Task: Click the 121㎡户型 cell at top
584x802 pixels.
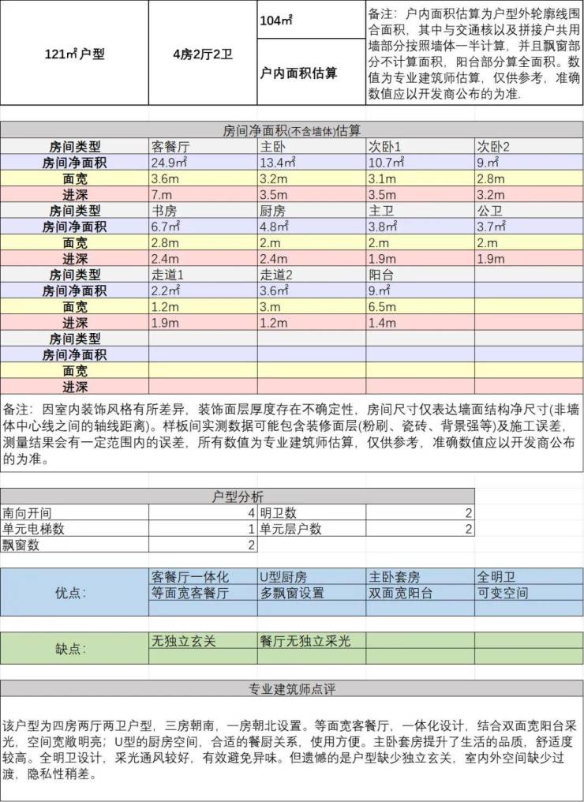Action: click(74, 54)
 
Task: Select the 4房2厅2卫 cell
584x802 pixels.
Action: click(203, 54)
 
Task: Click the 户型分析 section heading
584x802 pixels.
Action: click(238, 497)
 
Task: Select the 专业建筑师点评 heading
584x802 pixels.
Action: click(292, 689)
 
